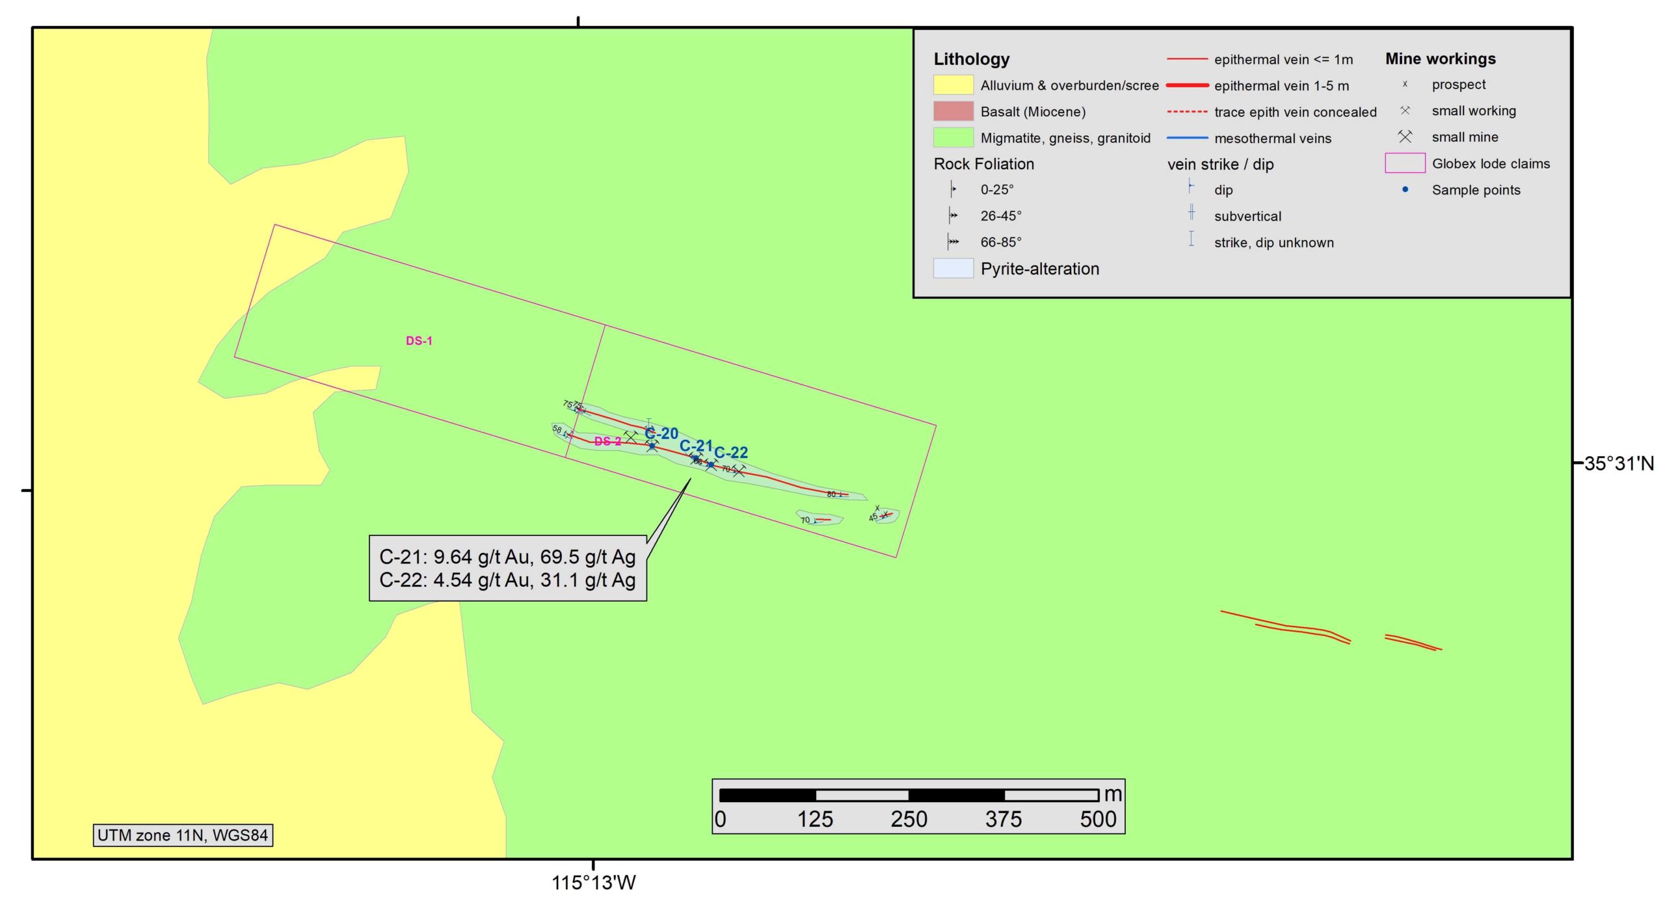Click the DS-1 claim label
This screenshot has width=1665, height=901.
419,341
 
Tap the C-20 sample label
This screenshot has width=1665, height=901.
661,433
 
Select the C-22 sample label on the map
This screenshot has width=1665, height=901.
731,452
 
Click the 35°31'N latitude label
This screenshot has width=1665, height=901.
1618,464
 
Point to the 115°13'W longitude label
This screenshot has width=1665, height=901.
593,883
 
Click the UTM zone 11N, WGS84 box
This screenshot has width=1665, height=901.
183,835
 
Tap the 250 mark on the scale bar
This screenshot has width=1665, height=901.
909,819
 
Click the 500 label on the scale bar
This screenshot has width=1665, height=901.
1098,819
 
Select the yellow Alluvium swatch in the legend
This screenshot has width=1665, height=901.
953,85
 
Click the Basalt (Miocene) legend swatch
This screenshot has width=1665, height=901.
953,111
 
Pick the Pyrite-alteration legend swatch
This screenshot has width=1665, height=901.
953,269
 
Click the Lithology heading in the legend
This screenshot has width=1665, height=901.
972,59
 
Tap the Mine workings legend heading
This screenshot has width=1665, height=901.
1440,59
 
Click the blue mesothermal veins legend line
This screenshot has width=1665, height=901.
1187,139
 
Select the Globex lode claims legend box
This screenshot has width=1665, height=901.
1405,163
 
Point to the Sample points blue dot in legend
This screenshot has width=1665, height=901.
1405,190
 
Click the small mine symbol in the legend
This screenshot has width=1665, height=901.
1405,137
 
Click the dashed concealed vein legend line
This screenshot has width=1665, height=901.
1187,112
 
